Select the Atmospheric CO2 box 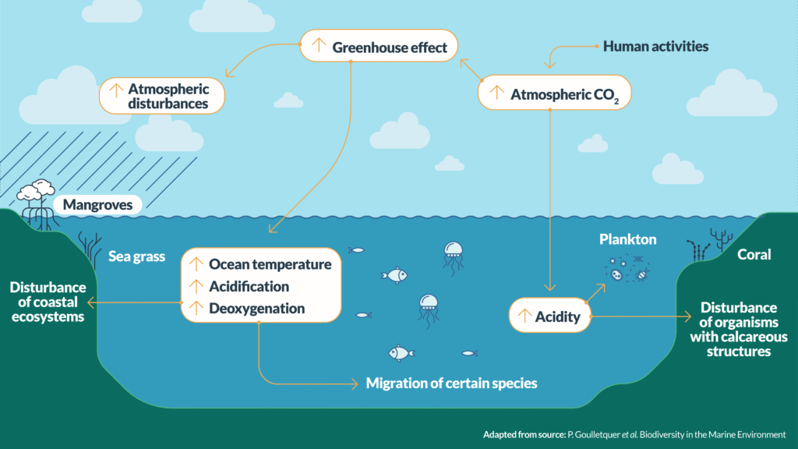pyautogui.click(x=554, y=94)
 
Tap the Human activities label pyautogui.click(x=655, y=47)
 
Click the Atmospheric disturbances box pyautogui.click(x=162, y=96)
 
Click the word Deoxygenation pyautogui.click(x=256, y=308)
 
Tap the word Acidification pyautogui.click(x=249, y=286)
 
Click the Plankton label pyautogui.click(x=627, y=239)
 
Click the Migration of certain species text pyautogui.click(x=451, y=384)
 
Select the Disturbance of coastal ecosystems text pyautogui.click(x=47, y=302)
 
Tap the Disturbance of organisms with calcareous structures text pyautogui.click(x=738, y=329)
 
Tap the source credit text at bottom pyautogui.click(x=634, y=434)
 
